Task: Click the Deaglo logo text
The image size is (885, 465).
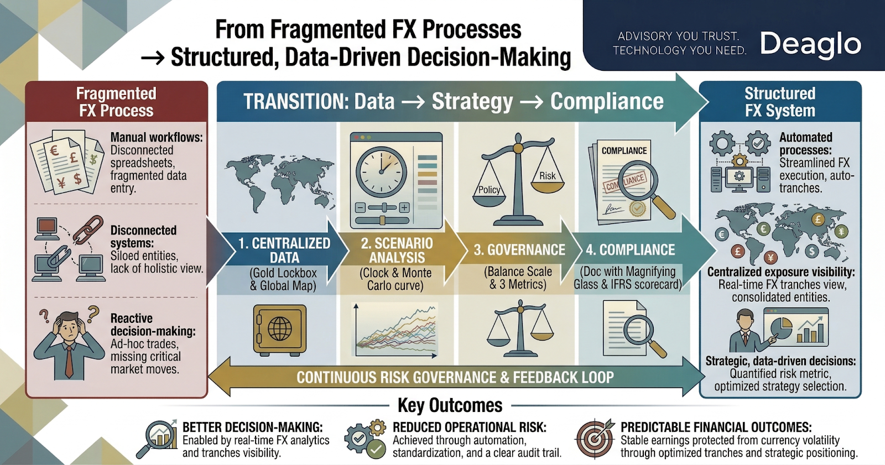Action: coord(810,44)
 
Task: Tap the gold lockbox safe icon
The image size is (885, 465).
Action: coord(279,329)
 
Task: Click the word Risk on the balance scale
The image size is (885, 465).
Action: coord(547,176)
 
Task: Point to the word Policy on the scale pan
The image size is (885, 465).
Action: coord(489,190)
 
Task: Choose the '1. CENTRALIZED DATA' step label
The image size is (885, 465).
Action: coord(284,250)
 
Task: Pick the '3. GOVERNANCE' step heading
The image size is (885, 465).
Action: coord(519,250)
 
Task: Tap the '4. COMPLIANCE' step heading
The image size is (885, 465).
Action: coord(630,250)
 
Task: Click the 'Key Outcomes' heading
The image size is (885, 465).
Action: coord(450,405)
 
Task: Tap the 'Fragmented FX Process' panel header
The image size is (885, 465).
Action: coord(116,102)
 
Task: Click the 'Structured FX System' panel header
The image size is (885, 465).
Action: coord(780,102)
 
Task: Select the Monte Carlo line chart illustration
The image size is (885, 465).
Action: coord(395,332)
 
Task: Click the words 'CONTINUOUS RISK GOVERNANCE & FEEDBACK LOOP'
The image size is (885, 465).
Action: coord(455,377)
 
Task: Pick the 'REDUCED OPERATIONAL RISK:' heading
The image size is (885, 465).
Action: coord(469,427)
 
